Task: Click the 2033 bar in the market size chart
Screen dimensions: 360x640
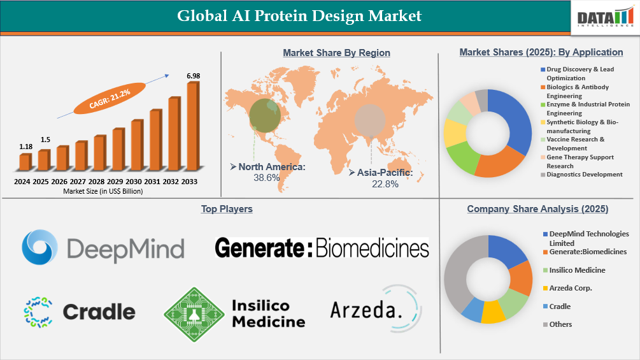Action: (x=192, y=127)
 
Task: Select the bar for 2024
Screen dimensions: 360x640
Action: (x=25, y=162)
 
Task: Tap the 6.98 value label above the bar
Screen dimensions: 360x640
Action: (x=193, y=76)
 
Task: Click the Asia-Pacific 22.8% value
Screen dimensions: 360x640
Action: (x=385, y=184)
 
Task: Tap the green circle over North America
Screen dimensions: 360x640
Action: (x=264, y=113)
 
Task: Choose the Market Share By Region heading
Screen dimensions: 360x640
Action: (x=336, y=53)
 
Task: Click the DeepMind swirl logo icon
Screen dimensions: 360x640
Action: (x=41, y=247)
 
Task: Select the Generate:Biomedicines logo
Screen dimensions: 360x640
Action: (x=322, y=247)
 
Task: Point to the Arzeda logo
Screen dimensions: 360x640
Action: (x=376, y=310)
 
